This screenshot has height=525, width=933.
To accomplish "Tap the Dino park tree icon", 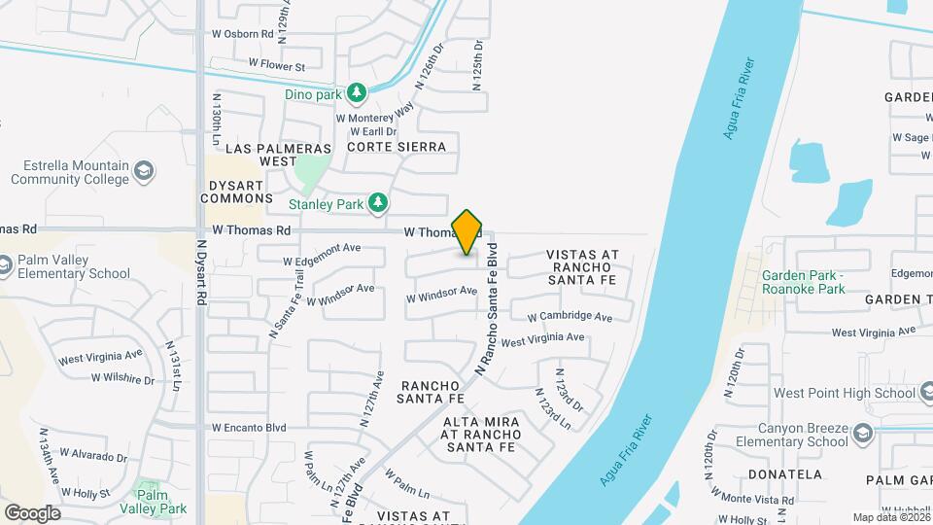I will (x=358, y=93).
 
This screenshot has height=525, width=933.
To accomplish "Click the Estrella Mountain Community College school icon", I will (x=144, y=172).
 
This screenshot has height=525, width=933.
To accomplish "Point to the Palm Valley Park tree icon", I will (x=146, y=488).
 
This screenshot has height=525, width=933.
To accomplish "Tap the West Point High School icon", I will (x=924, y=393).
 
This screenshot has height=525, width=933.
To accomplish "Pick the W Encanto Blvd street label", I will (x=249, y=427).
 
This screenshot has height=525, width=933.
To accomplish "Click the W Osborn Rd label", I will (x=242, y=32).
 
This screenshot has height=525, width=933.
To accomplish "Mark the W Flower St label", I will (x=277, y=66).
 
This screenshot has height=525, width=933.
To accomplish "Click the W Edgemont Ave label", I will (x=322, y=255).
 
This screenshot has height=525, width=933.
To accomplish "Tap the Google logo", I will (x=32, y=512).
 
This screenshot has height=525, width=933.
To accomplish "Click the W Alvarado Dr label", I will (x=93, y=455).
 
